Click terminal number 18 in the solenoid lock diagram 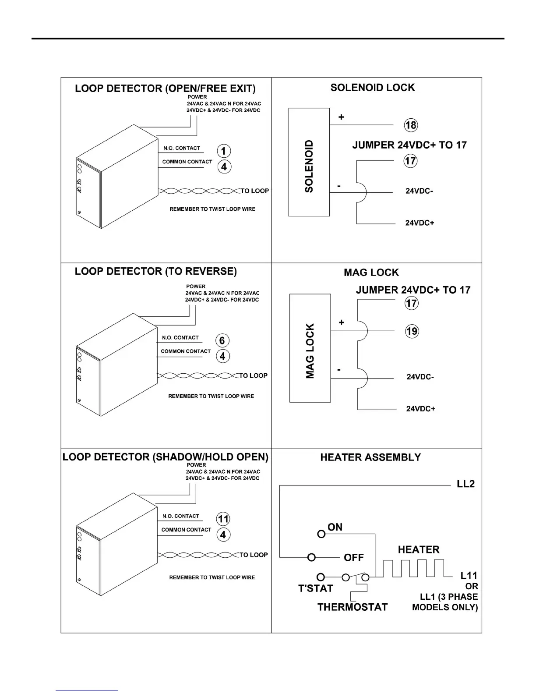tap(411, 125)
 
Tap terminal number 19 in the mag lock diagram tap(412, 331)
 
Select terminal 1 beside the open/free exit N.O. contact tap(224, 151)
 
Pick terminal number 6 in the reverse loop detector tap(222, 340)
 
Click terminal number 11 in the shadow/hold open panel tap(223, 519)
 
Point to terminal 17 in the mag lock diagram tap(412, 303)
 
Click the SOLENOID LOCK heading tap(372, 88)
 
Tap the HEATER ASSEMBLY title tap(370, 457)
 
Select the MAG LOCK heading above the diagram tap(371, 273)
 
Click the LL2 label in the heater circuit tap(465, 484)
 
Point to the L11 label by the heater tap(469, 576)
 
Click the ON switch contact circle tap(321, 534)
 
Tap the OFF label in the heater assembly tap(354, 558)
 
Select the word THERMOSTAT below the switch tap(353, 607)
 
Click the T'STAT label tap(316, 588)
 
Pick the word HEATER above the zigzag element tap(418, 550)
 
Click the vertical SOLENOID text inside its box tap(309, 166)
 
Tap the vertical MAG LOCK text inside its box tap(310, 351)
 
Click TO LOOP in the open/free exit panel tap(255, 191)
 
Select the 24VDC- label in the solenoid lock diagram tap(419, 191)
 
